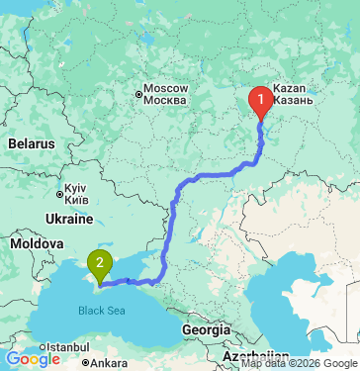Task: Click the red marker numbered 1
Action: pyautogui.click(x=260, y=99)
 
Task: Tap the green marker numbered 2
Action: pyautogui.click(x=99, y=262)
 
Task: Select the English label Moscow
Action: pyautogui.click(x=165, y=89)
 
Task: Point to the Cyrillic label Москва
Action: pyautogui.click(x=167, y=101)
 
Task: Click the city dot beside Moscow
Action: pyautogui.click(x=138, y=95)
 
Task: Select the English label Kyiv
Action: pyautogui.click(x=77, y=186)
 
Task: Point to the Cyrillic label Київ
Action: pyautogui.click(x=77, y=198)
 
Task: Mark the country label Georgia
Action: pyautogui.click(x=206, y=329)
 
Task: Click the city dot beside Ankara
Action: pyautogui.click(x=84, y=362)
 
